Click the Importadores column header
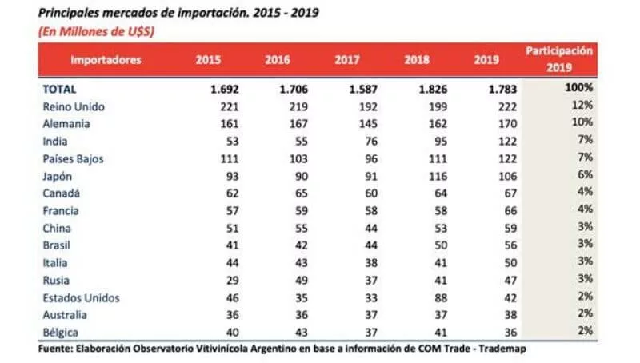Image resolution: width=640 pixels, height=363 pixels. (x=106, y=59)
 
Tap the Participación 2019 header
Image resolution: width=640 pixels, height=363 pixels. (x=559, y=59)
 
